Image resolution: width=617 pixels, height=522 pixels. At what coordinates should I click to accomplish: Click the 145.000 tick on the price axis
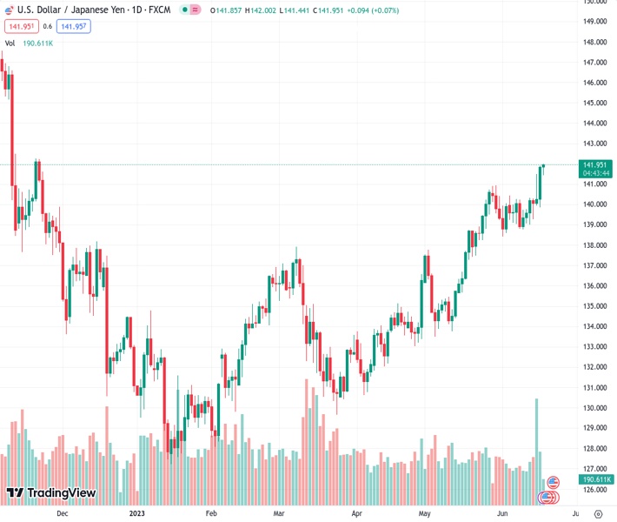[x=594, y=103]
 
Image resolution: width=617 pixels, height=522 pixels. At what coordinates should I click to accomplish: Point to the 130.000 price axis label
[x=594, y=408]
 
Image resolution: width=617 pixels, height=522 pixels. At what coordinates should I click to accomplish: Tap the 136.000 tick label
[x=594, y=286]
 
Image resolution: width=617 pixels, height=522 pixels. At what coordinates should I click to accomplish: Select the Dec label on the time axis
[x=61, y=514]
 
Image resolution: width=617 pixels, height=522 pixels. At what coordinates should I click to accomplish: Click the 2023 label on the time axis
[x=137, y=514]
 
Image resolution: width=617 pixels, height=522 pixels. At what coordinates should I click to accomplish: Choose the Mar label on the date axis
[x=277, y=514]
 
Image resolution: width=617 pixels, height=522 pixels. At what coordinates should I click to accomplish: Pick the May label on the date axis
[x=424, y=514]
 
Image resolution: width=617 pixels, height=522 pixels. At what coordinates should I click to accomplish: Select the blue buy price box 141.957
[x=73, y=26]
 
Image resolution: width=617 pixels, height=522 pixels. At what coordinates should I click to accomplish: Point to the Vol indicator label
[x=10, y=43]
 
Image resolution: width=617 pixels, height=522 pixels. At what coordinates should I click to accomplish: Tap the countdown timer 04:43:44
[x=595, y=173]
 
